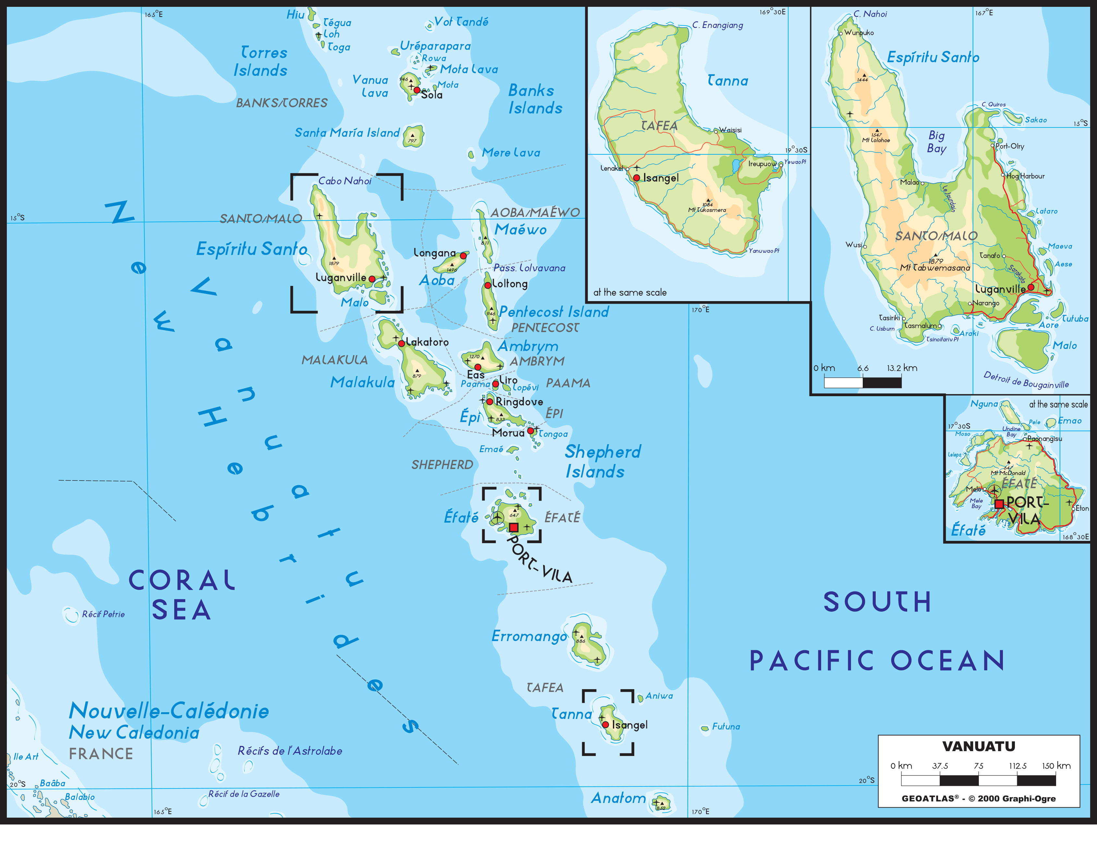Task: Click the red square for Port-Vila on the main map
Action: [x=514, y=527]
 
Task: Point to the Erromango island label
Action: [x=529, y=636]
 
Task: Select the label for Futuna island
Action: [x=726, y=726]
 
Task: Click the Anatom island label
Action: [x=618, y=798]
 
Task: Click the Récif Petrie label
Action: [x=103, y=614]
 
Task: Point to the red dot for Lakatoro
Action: [x=401, y=343]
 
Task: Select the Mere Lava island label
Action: [x=511, y=153]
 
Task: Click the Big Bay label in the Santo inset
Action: [x=936, y=142]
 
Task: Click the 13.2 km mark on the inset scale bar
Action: [x=902, y=368]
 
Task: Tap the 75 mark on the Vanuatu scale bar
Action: [x=978, y=766]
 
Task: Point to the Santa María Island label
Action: [x=347, y=133]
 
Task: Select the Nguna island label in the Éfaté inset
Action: [x=984, y=404]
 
